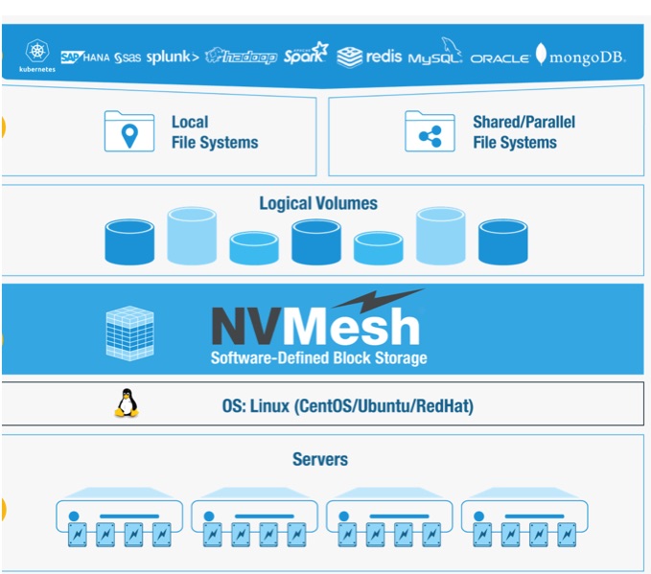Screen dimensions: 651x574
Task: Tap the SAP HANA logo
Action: pyautogui.click(x=85, y=57)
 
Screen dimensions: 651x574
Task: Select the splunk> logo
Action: pyautogui.click(x=173, y=57)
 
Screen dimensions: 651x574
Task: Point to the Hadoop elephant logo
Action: pyautogui.click(x=242, y=56)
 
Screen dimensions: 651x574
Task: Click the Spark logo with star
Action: pyautogui.click(x=306, y=53)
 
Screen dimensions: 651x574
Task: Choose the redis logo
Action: pyautogui.click(x=369, y=57)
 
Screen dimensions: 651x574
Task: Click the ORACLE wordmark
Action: pyautogui.click(x=500, y=58)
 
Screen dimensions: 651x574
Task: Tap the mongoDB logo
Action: pyautogui.click(x=580, y=56)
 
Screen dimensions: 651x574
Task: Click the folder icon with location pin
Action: pyautogui.click(x=129, y=131)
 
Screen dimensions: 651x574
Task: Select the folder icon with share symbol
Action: pyautogui.click(x=430, y=131)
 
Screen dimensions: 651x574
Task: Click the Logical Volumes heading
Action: pyautogui.click(x=318, y=203)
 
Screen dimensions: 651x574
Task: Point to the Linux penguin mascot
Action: pyautogui.click(x=127, y=402)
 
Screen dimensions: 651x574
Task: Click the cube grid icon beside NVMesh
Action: pyautogui.click(x=130, y=333)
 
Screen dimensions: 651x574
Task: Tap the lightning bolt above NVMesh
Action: pyautogui.click(x=378, y=300)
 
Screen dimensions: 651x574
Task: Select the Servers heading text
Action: pyautogui.click(x=320, y=459)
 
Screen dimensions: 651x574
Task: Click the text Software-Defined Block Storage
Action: pyautogui.click(x=319, y=357)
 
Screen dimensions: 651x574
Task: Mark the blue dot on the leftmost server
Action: pyautogui.click(x=74, y=516)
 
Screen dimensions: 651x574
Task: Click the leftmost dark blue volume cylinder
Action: pyautogui.click(x=129, y=241)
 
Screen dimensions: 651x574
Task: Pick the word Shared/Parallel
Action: pyautogui.click(x=523, y=122)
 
